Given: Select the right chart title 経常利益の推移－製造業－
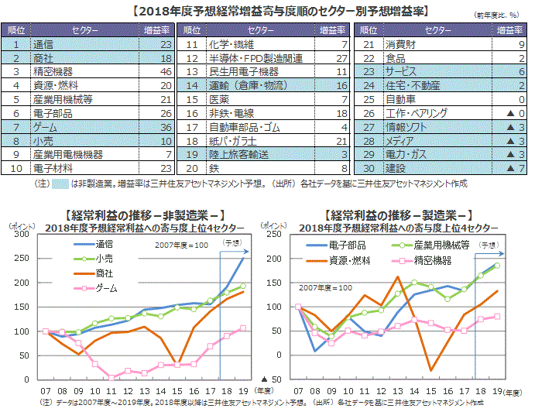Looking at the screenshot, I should [398, 215].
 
